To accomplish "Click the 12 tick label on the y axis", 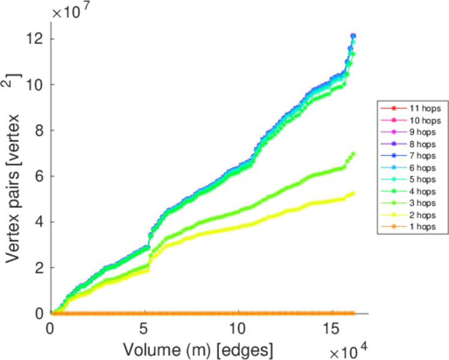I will pos(35,39).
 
